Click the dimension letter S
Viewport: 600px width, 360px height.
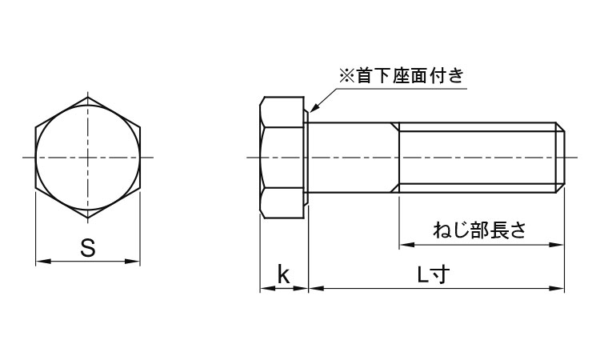coord(88,248)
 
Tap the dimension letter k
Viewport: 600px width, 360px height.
coord(283,274)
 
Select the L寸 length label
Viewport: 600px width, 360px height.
coord(436,274)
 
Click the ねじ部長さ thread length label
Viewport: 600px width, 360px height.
coord(479,230)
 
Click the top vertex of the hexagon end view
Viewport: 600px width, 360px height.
coord(88,97)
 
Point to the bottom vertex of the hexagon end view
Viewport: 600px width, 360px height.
coord(88,217)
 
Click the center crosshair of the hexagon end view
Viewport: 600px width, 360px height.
coord(88,157)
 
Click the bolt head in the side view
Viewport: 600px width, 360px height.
coord(283,157)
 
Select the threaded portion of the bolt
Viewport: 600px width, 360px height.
coord(476,157)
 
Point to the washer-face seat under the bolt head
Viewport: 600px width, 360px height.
coord(307,157)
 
